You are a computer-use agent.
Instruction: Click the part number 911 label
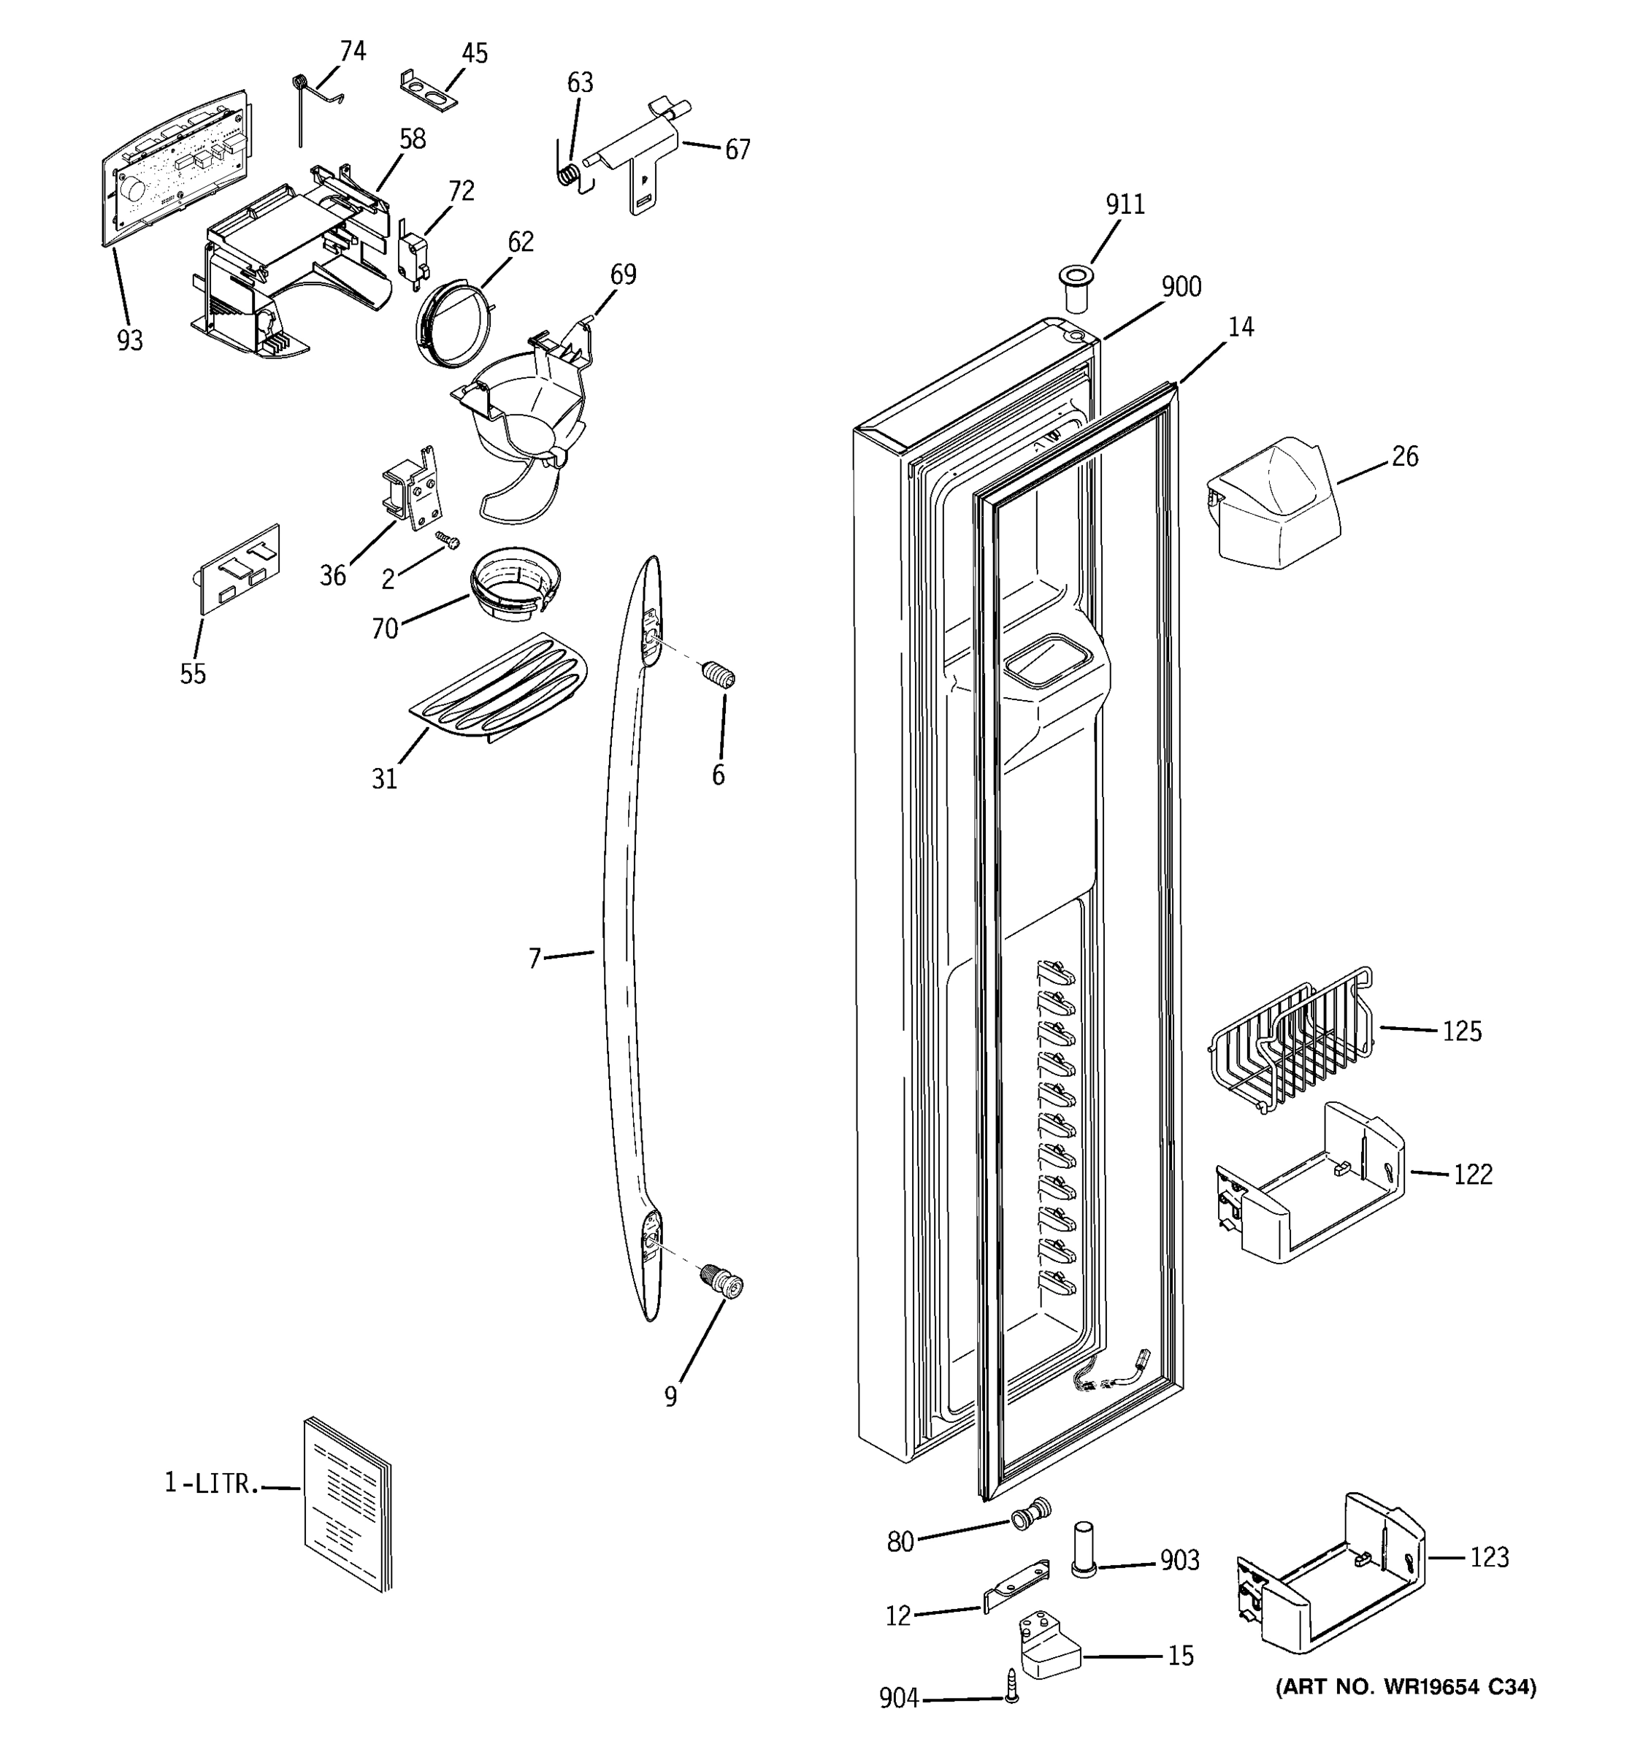point(1125,204)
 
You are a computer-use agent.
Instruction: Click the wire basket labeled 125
point(1289,1042)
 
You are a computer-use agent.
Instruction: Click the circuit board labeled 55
point(238,569)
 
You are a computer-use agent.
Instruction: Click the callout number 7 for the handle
point(534,958)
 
